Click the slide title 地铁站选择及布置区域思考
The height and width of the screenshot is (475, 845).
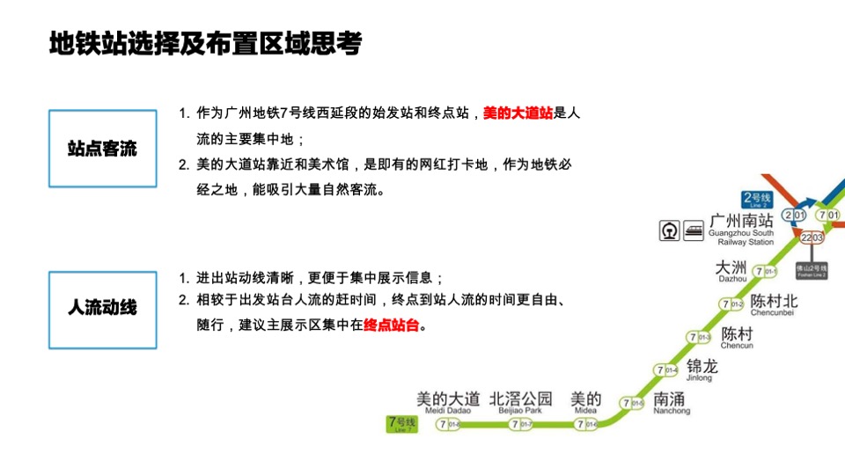coord(206,44)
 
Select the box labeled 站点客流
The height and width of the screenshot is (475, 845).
coord(102,149)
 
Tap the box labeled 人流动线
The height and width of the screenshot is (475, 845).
coord(102,310)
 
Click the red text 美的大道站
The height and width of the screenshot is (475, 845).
coord(518,113)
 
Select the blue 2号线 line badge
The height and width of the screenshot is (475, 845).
coord(757,199)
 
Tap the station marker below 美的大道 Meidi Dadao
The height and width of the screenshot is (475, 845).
coord(449,425)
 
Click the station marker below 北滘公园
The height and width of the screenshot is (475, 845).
coord(520,425)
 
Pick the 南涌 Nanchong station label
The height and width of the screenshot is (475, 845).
coord(672,402)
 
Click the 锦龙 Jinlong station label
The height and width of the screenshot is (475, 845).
coord(702,369)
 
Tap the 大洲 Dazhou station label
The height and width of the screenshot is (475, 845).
coord(731,270)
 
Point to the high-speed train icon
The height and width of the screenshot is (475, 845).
coord(694,230)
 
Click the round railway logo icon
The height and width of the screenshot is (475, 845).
coord(670,230)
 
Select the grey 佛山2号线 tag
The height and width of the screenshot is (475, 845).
coord(812,270)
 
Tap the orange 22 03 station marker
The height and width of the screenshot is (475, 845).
coord(812,237)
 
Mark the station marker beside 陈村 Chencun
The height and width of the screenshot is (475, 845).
coord(697,338)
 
